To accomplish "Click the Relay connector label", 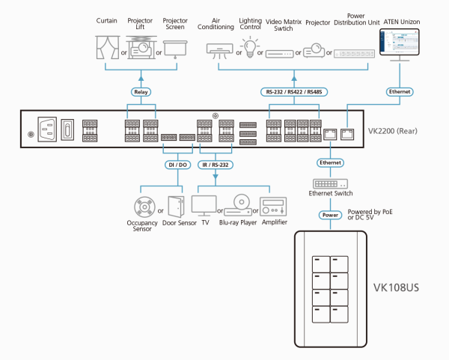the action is coord(141,92).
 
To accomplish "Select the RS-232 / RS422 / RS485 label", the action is coord(294,92).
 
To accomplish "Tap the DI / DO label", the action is coord(177,165).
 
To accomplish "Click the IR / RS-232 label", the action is coord(216,165).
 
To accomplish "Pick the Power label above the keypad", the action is coord(331,215).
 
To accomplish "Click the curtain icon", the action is coord(107,47).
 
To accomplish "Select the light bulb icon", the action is coord(250,47).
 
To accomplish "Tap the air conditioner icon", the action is coord(219,51).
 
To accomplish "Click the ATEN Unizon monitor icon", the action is coord(400,44).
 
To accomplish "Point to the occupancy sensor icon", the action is coord(144,207).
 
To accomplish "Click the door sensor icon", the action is coord(176,207).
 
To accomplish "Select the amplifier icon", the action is coord(273,207).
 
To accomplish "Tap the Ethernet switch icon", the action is coord(331,183).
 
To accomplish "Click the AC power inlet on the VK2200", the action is coord(47,129).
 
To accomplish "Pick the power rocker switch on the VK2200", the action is coord(67,129).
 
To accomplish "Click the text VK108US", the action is coord(396,287).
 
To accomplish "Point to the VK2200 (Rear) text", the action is coord(393,131).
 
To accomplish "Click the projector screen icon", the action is coord(175,49).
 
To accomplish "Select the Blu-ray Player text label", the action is coord(238,222).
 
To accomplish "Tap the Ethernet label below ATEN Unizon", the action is coord(400,91).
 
